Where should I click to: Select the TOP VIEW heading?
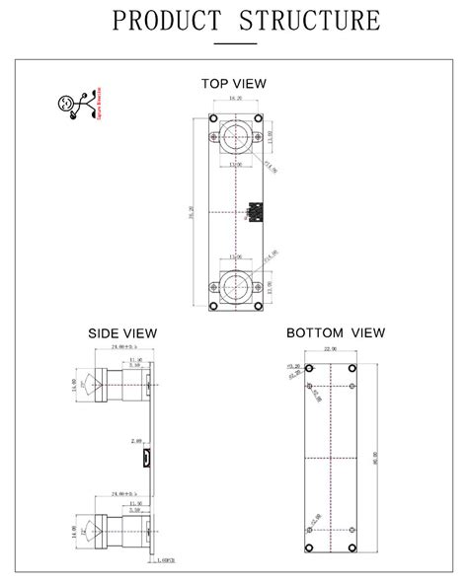coord(234,84)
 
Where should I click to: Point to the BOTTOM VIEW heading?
coord(336,333)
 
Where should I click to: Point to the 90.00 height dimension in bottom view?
coord(374,459)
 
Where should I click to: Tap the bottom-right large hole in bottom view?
coord(351,549)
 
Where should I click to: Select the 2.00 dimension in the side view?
coord(137,442)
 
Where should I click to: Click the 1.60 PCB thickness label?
coord(167,560)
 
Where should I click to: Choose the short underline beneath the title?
coord(234,42)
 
